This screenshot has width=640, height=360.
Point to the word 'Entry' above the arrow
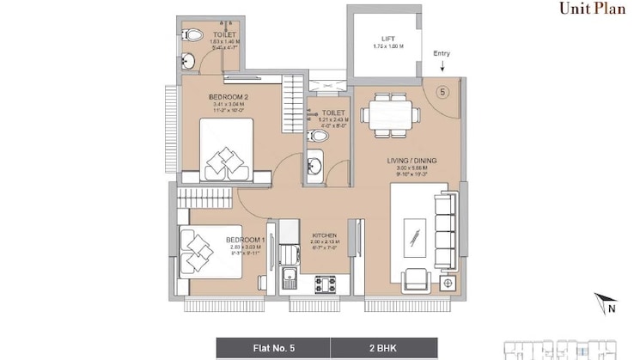click(x=442, y=54)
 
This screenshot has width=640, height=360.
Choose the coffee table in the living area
click(x=414, y=234)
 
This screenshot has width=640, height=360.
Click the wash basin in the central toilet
click(x=315, y=165)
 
